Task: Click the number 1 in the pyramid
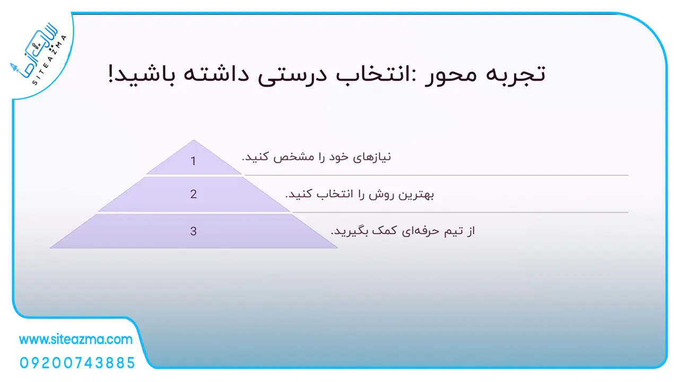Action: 193,161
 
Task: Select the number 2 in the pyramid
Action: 194,194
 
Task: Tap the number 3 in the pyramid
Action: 194,231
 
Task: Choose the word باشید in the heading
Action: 145,74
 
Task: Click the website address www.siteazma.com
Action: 76,340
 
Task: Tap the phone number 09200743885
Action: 77,363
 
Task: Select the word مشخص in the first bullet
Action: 293,157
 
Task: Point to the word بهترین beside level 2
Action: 416,195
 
